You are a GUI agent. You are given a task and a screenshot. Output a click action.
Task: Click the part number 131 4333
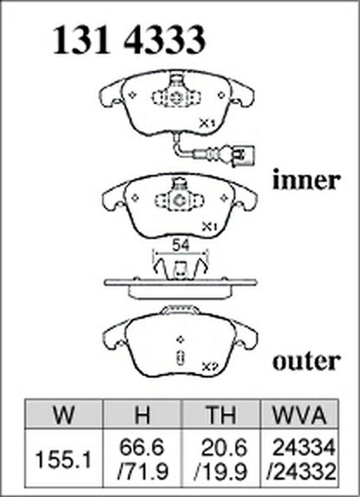(129, 40)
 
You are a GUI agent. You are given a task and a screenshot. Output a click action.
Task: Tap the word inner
(306, 180)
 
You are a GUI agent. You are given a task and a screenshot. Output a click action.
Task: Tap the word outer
(306, 361)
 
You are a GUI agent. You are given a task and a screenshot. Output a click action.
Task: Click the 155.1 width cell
(63, 460)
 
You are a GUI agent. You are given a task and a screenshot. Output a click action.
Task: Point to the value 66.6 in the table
(142, 448)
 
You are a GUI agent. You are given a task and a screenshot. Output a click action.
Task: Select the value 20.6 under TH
(224, 448)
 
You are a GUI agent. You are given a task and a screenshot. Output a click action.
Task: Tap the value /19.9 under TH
(221, 471)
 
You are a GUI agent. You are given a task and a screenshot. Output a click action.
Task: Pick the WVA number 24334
(305, 448)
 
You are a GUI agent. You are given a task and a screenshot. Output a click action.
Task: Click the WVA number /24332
(301, 471)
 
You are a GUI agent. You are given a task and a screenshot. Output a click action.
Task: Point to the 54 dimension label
(180, 246)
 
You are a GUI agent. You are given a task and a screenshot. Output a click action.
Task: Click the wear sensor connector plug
(243, 155)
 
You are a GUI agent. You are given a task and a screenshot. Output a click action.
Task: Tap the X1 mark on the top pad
(207, 123)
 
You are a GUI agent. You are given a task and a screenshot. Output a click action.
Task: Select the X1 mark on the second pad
(209, 227)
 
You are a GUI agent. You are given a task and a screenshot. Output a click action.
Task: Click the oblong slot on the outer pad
(181, 357)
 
